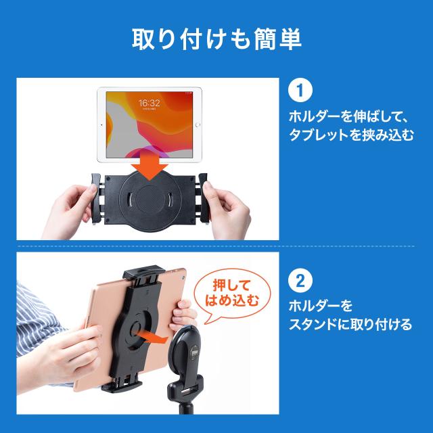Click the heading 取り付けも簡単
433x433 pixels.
[x=216, y=39]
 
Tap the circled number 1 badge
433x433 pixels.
[x=300, y=90]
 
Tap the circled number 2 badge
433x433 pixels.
[x=300, y=281]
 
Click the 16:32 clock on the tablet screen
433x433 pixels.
[x=149, y=104]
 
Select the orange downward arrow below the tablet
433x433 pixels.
[x=150, y=166]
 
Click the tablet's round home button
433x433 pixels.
[x=198, y=125]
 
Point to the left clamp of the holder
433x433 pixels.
[x=96, y=198]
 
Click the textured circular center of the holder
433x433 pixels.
[x=150, y=199]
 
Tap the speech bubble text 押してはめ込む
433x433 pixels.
[x=232, y=293]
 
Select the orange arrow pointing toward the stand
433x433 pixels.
[x=152, y=337]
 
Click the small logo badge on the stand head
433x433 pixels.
[x=193, y=352]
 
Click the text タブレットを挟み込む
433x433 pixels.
[x=351, y=135]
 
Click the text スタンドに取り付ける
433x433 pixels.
[x=350, y=324]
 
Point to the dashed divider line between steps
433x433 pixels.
[x=216, y=246]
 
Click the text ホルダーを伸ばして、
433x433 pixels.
[x=348, y=116]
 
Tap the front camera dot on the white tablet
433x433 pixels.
[x=101, y=125]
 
